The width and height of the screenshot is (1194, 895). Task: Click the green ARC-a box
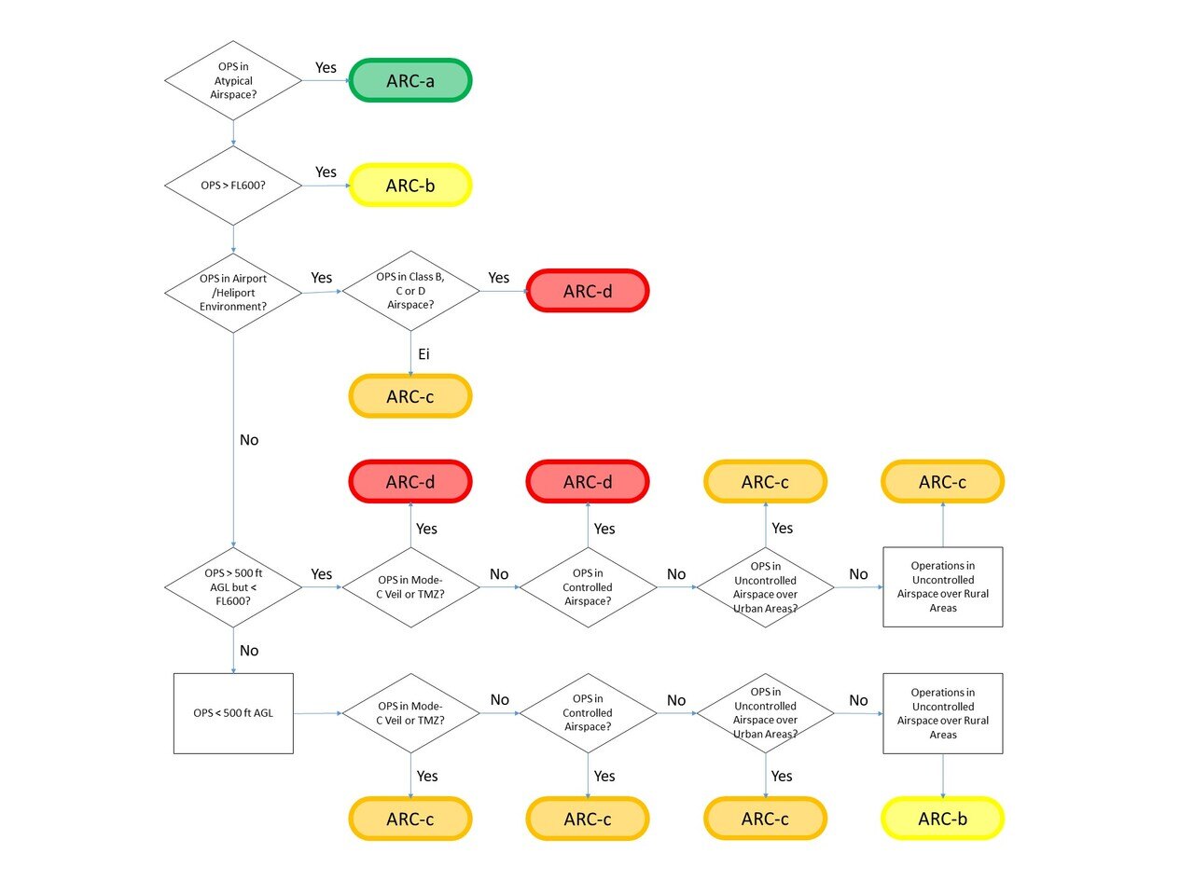tap(410, 81)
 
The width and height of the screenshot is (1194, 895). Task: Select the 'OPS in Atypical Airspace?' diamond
tap(233, 81)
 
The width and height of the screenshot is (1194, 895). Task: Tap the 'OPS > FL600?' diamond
tap(233, 186)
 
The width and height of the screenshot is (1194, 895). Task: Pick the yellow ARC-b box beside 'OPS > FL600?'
tap(410, 186)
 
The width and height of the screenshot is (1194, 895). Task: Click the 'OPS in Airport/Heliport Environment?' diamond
tap(233, 293)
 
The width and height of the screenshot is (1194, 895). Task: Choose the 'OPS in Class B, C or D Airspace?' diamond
tap(410, 291)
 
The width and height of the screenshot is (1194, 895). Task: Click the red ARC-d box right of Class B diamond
tap(588, 291)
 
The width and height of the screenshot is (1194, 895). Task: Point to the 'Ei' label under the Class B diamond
tap(423, 354)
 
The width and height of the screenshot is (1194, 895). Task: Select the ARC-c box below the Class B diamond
tap(410, 396)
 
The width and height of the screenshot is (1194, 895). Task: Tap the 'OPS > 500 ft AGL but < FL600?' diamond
tap(233, 587)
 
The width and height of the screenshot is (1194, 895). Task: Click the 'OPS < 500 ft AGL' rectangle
tap(233, 713)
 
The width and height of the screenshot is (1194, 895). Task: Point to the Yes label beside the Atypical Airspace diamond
tap(326, 67)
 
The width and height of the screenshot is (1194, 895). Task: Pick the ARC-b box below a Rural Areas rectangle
tap(942, 819)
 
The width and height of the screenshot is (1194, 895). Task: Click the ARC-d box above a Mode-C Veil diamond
tap(410, 482)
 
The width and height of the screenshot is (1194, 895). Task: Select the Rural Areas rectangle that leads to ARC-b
tap(942, 713)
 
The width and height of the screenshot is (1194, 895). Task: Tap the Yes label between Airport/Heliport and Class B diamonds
tap(322, 278)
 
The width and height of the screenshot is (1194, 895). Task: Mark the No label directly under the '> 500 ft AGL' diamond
tap(249, 651)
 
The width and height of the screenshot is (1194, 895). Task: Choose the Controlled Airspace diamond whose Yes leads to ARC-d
tap(588, 587)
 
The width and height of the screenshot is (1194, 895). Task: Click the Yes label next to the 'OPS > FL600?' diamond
tap(326, 172)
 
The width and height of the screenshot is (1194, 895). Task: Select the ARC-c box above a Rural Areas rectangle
tap(942, 482)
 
